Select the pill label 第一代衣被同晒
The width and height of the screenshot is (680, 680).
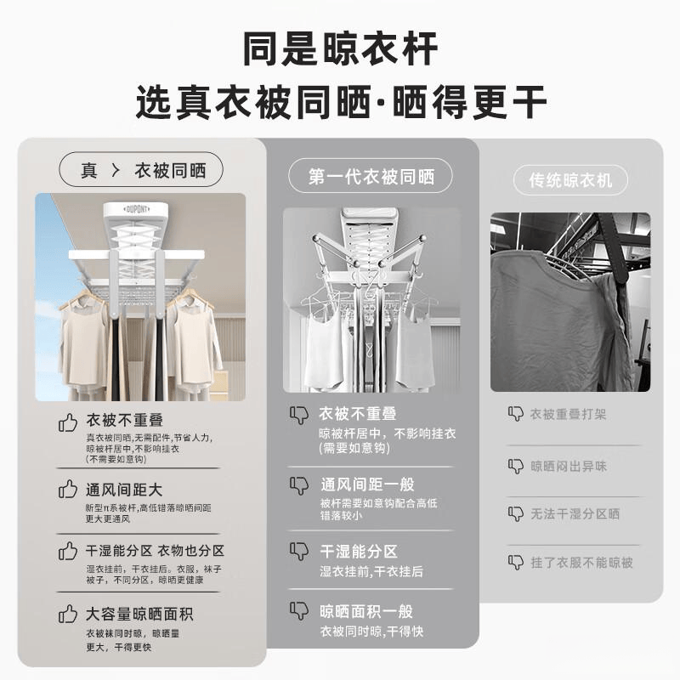click(371, 177)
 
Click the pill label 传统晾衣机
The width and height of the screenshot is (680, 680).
click(570, 180)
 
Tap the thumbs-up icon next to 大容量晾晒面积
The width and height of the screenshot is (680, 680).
click(68, 613)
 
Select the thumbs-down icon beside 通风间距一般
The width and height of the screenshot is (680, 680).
click(299, 485)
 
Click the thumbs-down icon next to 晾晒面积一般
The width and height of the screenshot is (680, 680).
click(299, 610)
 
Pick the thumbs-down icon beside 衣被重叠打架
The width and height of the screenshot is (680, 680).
click(516, 414)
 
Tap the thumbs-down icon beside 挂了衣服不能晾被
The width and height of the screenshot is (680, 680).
click(516, 562)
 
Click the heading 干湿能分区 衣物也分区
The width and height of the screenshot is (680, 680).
click(155, 551)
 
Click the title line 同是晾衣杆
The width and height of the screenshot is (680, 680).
click(339, 48)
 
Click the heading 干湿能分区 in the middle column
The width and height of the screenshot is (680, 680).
click(359, 551)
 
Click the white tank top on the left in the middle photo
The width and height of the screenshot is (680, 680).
click(325, 350)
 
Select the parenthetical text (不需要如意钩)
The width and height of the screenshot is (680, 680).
click(116, 459)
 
